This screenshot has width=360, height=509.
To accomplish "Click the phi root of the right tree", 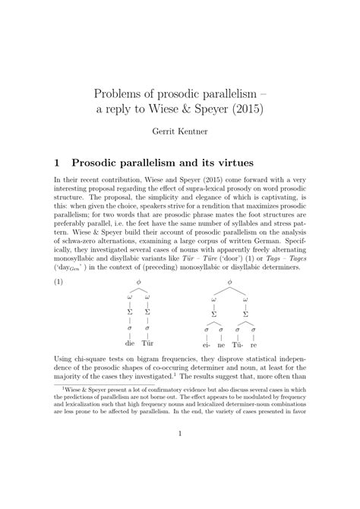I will click(231, 283).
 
